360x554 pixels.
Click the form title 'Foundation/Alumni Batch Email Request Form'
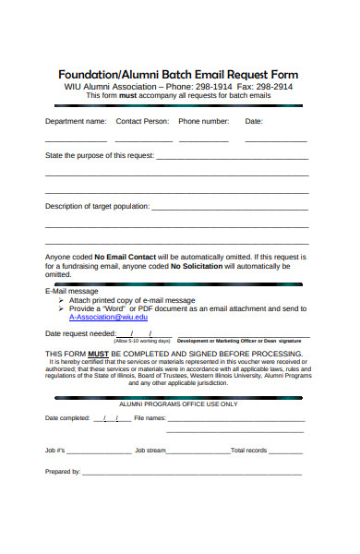[178, 74]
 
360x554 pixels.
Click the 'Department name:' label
[76, 121]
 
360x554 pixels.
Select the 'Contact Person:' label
[142, 121]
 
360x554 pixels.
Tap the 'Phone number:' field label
[203, 121]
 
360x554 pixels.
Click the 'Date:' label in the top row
[254, 121]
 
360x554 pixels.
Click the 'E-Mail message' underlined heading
[71, 291]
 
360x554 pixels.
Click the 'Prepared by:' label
[63, 471]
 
